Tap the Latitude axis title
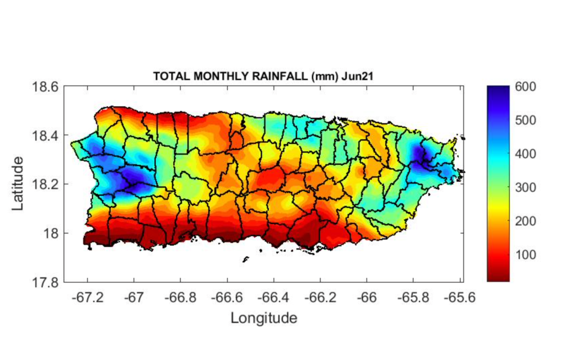click(x=19, y=184)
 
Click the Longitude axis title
click(x=263, y=318)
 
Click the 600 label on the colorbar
click(x=525, y=87)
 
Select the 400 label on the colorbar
click(x=525, y=154)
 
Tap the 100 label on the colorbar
click(x=525, y=255)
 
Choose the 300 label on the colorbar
click(x=525, y=187)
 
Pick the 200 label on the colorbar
click(x=525, y=221)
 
